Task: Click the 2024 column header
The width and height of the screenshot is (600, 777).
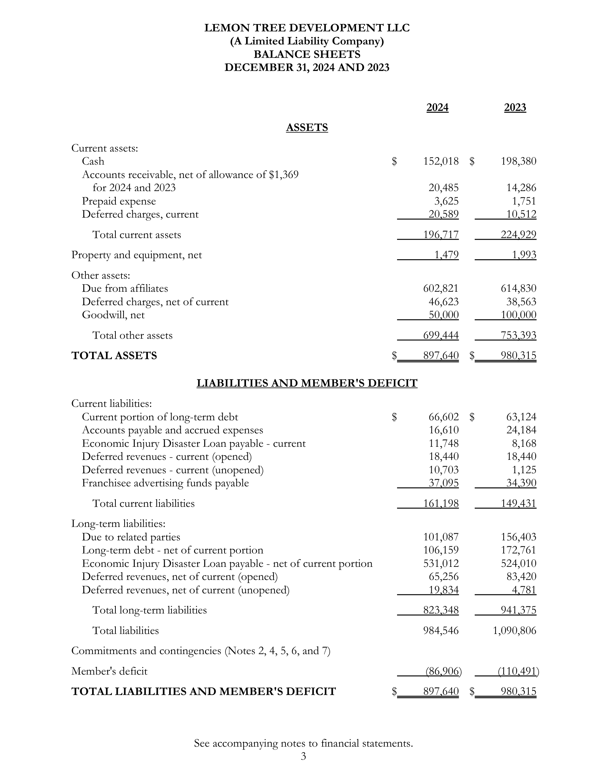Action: [x=437, y=107]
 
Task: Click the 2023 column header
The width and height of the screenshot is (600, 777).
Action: [x=515, y=107]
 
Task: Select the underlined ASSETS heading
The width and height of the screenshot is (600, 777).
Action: [x=307, y=127]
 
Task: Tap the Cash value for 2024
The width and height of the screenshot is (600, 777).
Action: [x=441, y=161]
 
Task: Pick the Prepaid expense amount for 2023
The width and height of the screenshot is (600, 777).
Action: [x=524, y=201]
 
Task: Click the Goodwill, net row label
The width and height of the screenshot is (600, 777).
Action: [x=113, y=315]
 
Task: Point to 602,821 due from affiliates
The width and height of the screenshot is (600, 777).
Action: [x=441, y=288]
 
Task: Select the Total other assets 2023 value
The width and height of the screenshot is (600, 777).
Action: [x=518, y=335]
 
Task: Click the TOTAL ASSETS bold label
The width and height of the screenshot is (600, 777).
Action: [x=114, y=355]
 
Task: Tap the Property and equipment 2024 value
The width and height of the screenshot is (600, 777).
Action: [x=446, y=255]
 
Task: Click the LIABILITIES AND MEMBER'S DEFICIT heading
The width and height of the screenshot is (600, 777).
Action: [x=307, y=383]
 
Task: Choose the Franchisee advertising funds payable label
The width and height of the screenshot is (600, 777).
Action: [x=165, y=483]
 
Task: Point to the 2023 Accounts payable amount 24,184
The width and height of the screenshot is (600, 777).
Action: [x=521, y=430]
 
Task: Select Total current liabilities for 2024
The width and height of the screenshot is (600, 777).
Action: [x=441, y=503]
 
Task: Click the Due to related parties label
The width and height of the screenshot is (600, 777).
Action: [x=131, y=537]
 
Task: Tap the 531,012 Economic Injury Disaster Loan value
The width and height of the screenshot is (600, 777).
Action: [x=441, y=564]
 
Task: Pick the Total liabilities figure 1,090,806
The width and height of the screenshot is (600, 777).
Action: [x=514, y=630]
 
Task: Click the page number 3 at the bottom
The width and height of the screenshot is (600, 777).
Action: [x=303, y=756]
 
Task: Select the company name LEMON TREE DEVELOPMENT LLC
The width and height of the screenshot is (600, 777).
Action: [x=307, y=28]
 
